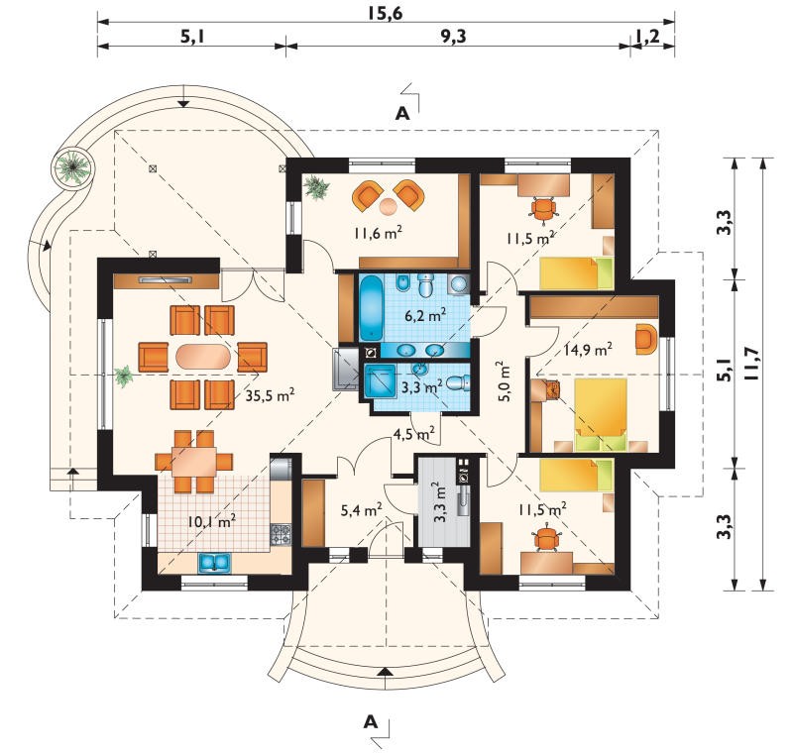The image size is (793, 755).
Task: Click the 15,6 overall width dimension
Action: [385, 13]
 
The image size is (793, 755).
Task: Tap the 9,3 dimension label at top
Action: [453, 37]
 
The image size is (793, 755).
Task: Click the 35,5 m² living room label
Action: [270, 395]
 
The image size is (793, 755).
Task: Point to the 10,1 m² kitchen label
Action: [211, 520]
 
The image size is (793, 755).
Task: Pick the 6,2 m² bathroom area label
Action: [425, 316]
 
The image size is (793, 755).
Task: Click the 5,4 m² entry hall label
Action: [361, 510]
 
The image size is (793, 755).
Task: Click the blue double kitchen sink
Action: [214, 563]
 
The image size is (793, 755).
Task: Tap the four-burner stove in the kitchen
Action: [281, 534]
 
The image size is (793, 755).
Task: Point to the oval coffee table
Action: [203, 357]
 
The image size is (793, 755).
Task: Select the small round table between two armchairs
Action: [389, 206]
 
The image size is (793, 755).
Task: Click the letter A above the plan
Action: [402, 114]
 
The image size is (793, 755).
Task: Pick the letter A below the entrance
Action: [371, 722]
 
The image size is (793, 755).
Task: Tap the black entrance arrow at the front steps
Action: [386, 672]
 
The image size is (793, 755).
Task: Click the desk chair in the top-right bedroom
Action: [543, 208]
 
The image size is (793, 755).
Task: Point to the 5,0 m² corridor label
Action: [505, 380]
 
